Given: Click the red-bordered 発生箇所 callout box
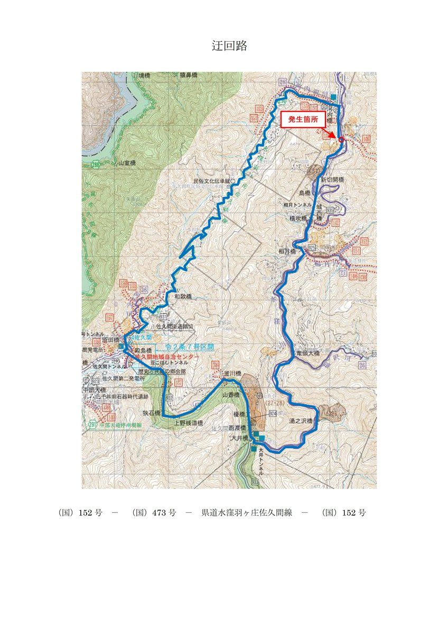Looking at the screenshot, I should (x=303, y=120).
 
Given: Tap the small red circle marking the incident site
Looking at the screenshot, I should (x=341, y=140).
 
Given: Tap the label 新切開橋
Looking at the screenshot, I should (x=332, y=180).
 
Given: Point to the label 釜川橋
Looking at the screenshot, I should (x=232, y=373).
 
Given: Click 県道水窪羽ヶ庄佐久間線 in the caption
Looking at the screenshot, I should (x=247, y=513).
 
